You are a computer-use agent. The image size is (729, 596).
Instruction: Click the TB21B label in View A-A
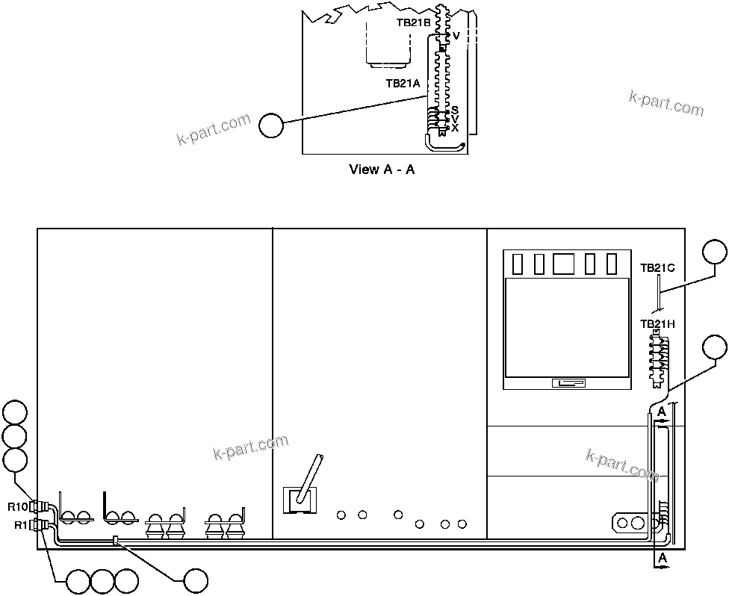(413, 23)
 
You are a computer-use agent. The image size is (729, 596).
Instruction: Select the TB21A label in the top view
(403, 84)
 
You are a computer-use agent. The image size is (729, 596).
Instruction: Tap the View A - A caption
(382, 170)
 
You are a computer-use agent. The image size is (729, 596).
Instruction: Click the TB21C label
(657, 267)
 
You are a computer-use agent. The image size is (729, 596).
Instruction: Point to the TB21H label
(657, 324)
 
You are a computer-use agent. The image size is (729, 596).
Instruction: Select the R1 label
(21, 526)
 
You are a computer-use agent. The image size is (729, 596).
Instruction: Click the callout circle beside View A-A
(271, 125)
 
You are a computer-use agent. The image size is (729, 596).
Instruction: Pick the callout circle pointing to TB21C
(715, 252)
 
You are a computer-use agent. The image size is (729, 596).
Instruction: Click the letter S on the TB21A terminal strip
(455, 110)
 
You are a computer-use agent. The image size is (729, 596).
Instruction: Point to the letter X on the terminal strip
(455, 128)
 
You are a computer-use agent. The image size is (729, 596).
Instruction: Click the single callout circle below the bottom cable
(196, 580)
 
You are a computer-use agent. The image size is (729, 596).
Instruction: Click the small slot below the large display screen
(568, 383)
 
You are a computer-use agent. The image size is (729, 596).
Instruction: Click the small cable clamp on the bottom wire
(115, 541)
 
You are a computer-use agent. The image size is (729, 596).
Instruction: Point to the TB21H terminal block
(658, 357)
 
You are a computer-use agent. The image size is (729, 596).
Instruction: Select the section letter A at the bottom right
(661, 558)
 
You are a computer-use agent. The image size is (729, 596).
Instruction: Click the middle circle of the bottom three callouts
(102, 580)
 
